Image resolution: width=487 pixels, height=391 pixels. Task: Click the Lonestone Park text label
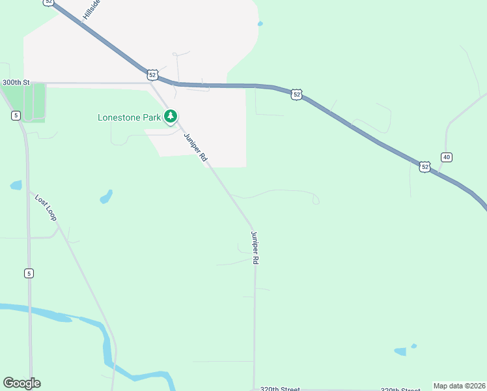coord(130,118)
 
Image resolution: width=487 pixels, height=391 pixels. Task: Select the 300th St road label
coord(16,83)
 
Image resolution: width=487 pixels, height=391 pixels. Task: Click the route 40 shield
coord(446,157)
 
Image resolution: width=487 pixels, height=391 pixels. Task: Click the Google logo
coord(21,383)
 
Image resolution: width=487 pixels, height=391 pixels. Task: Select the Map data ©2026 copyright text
coord(459,386)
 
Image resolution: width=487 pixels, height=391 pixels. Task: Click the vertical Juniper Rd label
coord(255,248)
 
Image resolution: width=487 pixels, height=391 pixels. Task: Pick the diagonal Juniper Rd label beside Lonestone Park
coord(195,147)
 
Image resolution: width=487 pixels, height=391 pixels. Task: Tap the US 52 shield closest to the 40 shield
coord(424,167)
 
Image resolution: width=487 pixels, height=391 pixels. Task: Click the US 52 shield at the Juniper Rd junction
coord(152,74)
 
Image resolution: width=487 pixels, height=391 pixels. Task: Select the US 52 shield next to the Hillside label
coord(49,2)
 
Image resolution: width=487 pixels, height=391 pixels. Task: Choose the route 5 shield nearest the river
coord(29,273)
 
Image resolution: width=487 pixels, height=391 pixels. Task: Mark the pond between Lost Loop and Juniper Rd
coord(105,196)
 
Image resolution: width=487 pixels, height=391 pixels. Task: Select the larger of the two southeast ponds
coord(400,352)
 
